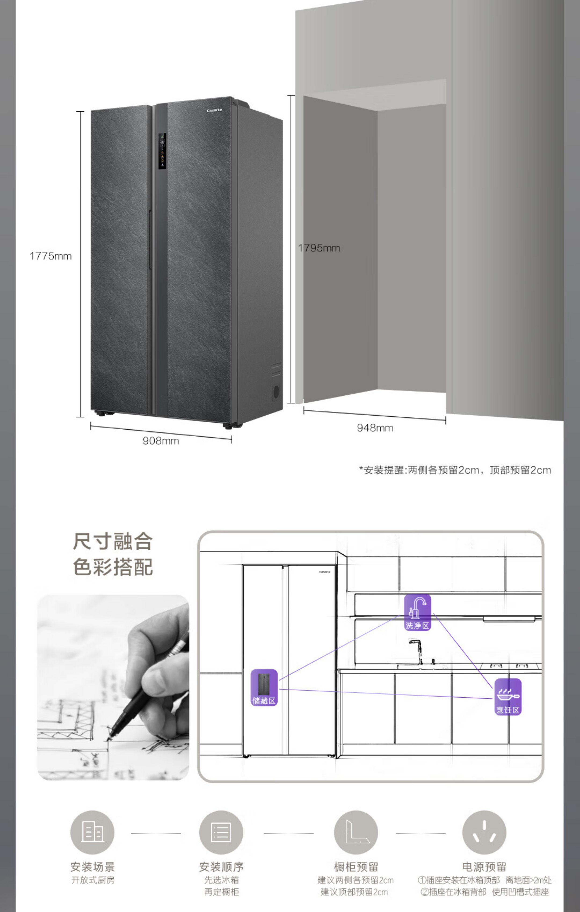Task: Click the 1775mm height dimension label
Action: pyautogui.click(x=51, y=256)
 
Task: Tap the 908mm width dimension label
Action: pyautogui.click(x=161, y=441)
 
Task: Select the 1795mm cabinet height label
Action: pyautogui.click(x=319, y=248)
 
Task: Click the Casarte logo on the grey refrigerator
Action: pyautogui.click(x=214, y=110)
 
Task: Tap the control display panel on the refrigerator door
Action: pyautogui.click(x=162, y=151)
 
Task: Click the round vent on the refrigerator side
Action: pyautogui.click(x=276, y=392)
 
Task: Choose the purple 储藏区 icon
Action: pyautogui.click(x=264, y=688)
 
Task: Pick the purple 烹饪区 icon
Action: pyautogui.click(x=508, y=697)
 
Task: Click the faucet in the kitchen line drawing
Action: pyautogui.click(x=418, y=650)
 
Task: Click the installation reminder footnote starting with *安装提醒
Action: pyautogui.click(x=455, y=470)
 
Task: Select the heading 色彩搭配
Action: pyautogui.click(x=112, y=567)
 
